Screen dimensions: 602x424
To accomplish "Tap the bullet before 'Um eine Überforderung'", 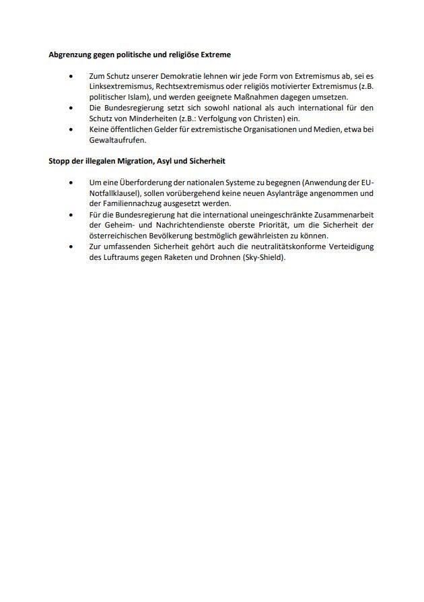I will point(72,183).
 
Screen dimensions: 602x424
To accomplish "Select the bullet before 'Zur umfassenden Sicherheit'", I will point(72,246).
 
